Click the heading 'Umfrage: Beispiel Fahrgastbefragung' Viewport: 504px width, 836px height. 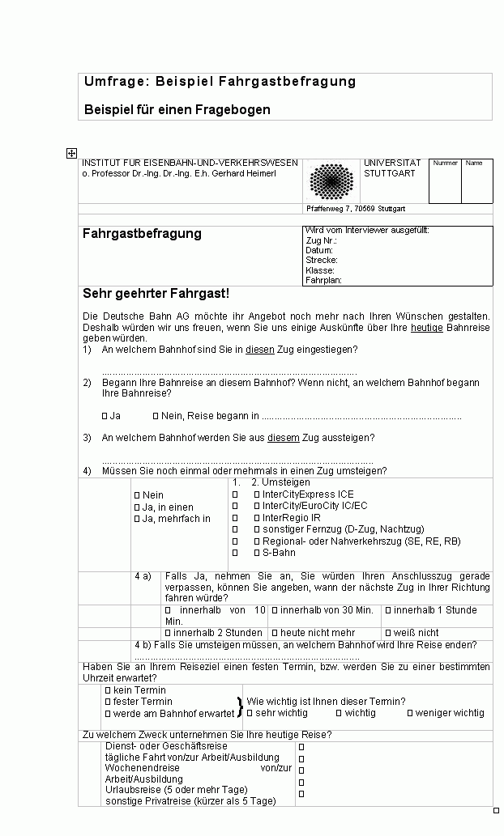[220, 82]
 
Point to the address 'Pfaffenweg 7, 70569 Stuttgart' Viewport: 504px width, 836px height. [355, 209]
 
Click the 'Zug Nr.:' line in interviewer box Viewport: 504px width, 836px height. [321, 240]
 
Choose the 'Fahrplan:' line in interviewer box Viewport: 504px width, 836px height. [324, 280]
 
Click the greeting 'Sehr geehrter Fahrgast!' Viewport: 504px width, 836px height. [156, 293]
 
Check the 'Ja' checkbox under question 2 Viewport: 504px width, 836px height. [105, 416]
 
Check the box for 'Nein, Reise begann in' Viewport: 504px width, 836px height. [156, 416]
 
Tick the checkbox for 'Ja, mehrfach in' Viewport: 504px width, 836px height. [137, 519]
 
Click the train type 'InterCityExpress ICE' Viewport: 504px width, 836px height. [308, 494]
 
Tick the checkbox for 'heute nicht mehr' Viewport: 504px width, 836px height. [275, 633]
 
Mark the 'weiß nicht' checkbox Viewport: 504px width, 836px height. [388, 633]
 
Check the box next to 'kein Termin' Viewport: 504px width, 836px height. [108, 690]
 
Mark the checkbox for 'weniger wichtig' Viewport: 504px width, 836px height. [410, 713]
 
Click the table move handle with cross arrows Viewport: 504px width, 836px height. [71, 152]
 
